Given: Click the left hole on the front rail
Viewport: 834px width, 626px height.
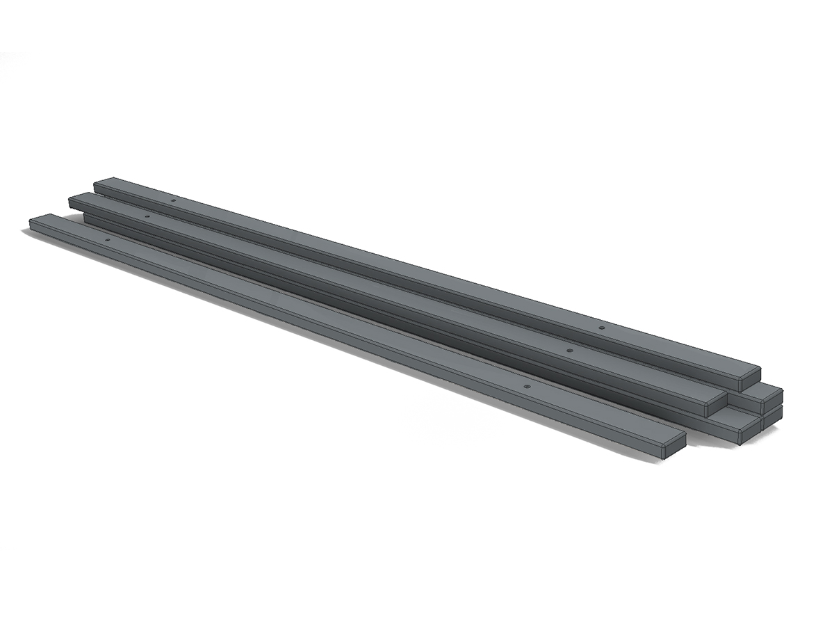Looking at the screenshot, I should (107, 240).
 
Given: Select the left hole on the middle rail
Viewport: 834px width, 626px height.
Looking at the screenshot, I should (147, 216).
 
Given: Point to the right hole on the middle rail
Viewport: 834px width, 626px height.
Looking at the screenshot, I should (569, 351).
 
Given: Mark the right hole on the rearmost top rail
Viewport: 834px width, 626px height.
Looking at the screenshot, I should (602, 327).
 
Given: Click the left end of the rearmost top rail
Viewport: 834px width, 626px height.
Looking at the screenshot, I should (96, 185).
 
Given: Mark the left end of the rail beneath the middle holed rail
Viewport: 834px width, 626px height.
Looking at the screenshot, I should (85, 218).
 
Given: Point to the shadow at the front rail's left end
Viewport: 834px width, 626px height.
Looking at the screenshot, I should (28, 231).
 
